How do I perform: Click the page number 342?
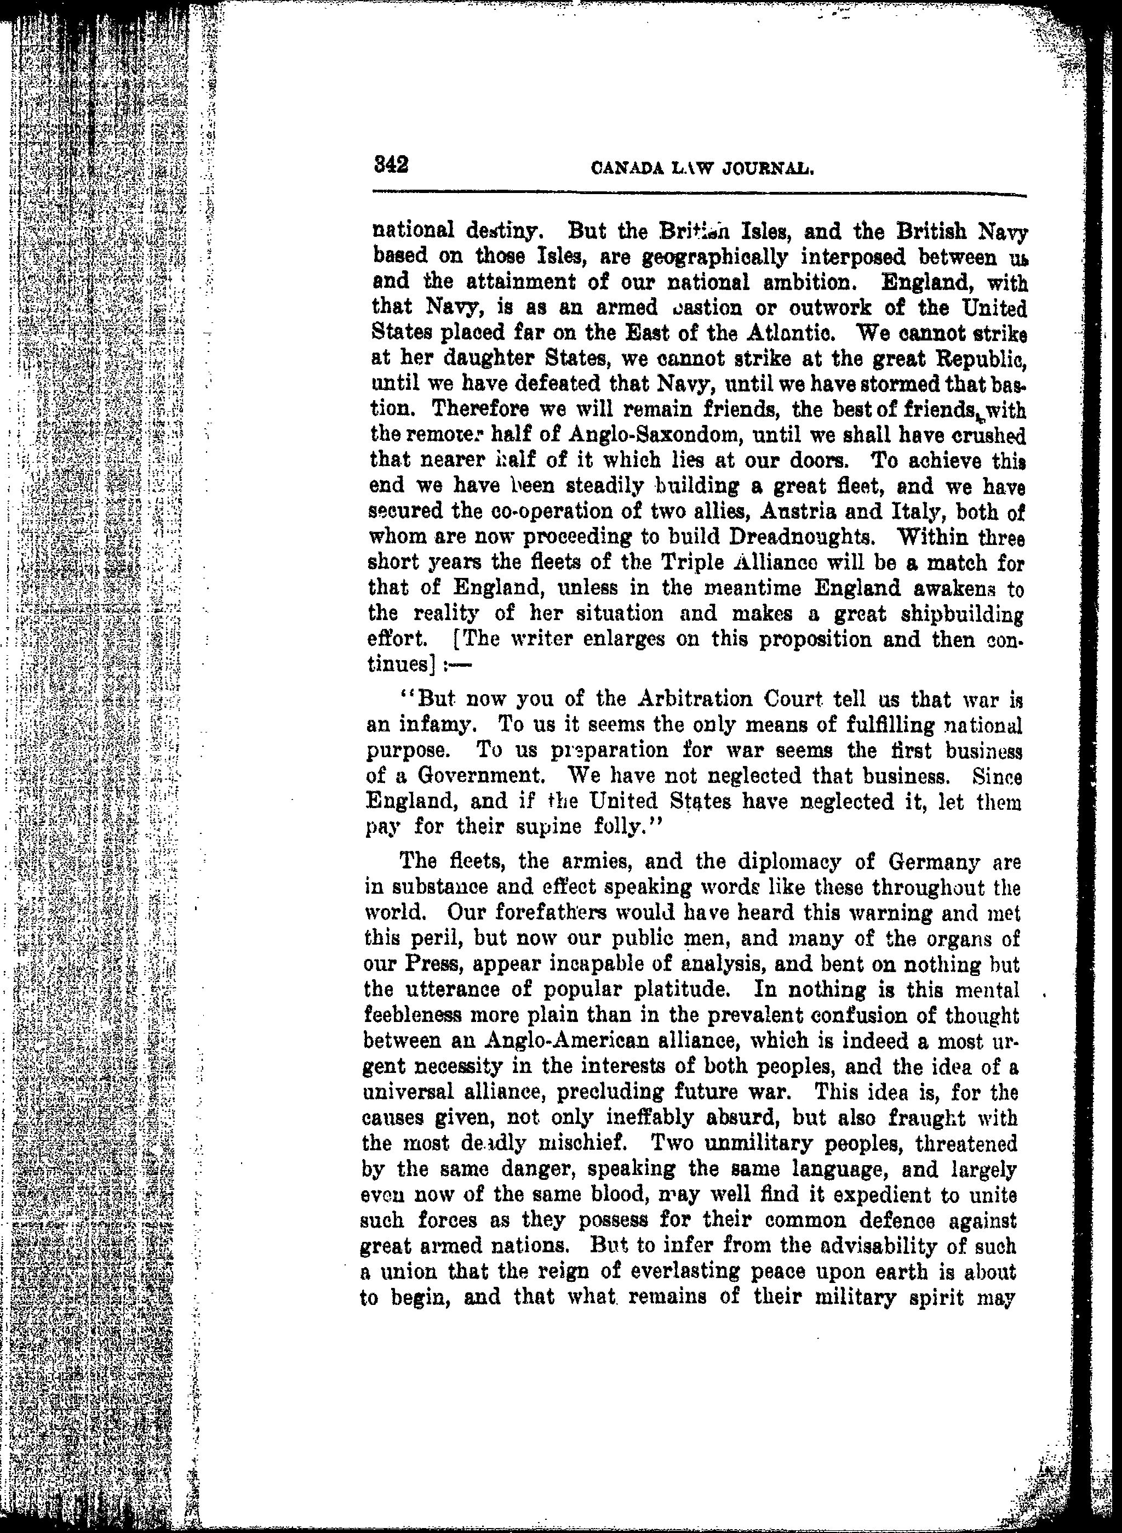coord(391,165)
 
